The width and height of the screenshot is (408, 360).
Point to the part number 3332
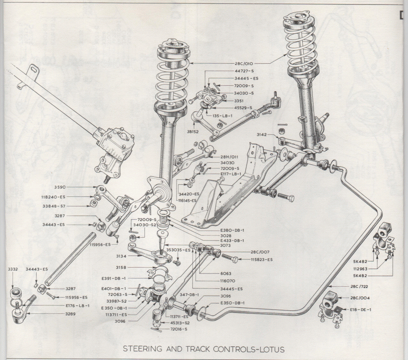[13, 270]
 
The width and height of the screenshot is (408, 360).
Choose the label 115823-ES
[261, 259]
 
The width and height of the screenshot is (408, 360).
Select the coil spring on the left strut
[172, 77]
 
